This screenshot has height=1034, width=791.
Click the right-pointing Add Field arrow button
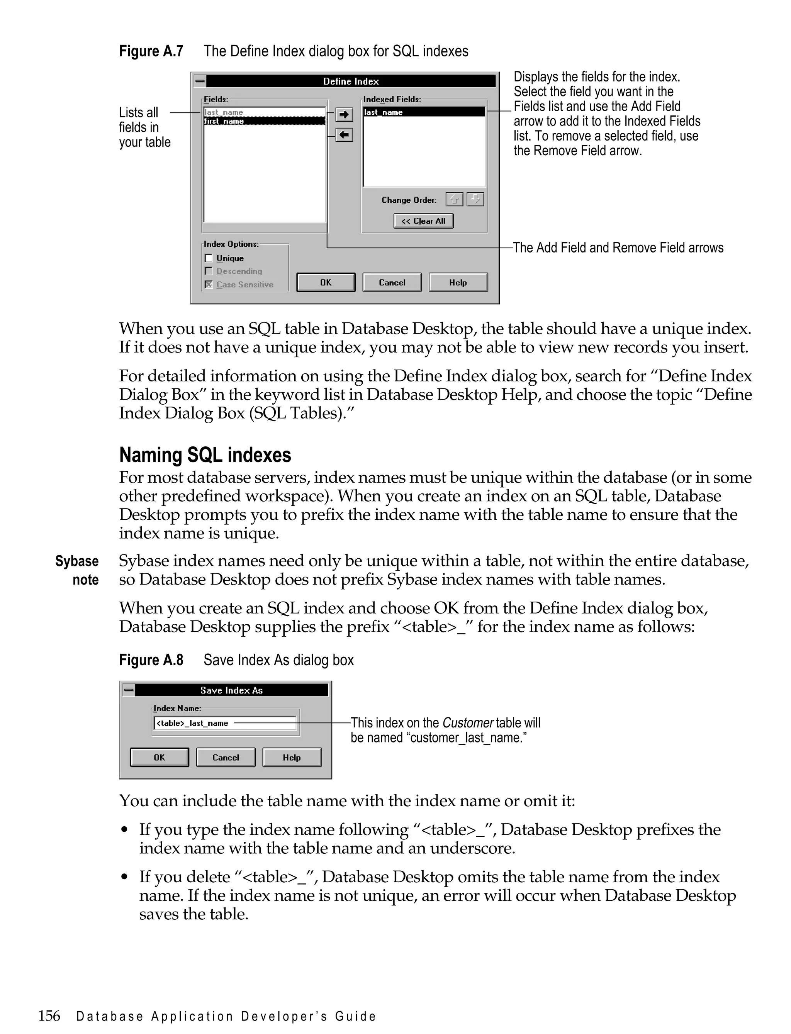click(344, 114)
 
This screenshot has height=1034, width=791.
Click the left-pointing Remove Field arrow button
click(344, 136)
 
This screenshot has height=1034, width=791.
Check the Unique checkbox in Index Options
click(209, 258)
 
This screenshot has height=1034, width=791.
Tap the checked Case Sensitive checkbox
click(209, 284)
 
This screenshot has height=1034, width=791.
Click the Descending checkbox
click(209, 271)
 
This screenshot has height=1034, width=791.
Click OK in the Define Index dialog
click(326, 282)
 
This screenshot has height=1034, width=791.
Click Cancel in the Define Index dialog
click(392, 282)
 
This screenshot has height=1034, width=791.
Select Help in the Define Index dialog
click(458, 282)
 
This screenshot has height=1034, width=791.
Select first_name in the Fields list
click(264, 121)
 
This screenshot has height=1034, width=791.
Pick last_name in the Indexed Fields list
click(424, 112)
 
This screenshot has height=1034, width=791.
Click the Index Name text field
click(225, 723)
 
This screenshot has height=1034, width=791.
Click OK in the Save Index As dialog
click(159, 757)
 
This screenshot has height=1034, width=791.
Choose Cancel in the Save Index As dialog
click(226, 757)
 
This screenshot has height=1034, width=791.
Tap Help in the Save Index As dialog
click(292, 757)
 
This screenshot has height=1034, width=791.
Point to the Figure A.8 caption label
click(151, 660)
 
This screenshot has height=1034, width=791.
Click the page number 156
click(49, 1015)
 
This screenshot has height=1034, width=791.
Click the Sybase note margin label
click(77, 570)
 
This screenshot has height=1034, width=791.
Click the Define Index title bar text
click(351, 81)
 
